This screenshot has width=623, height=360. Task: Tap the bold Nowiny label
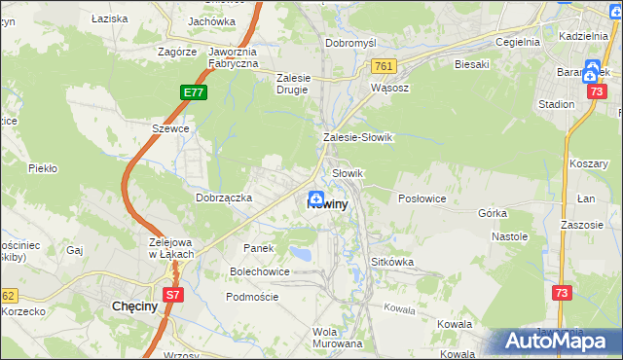coord(327,205)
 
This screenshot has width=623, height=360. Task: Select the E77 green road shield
coord(193,92)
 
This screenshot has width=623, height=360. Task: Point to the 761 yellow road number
coord(382,65)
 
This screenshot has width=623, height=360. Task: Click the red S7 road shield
coord(171,294)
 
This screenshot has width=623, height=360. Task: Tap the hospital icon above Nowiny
coord(317,197)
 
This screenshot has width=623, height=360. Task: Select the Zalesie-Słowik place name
coord(357,137)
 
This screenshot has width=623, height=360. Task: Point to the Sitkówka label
coord(393,263)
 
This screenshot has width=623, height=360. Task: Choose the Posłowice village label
coord(422,198)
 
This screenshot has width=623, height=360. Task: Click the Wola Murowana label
coord(338,337)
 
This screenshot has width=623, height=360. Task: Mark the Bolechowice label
coord(259,271)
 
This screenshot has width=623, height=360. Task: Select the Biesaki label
coord(471,65)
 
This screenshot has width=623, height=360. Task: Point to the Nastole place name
coord(509,236)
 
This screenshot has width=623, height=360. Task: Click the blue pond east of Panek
coord(301,255)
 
